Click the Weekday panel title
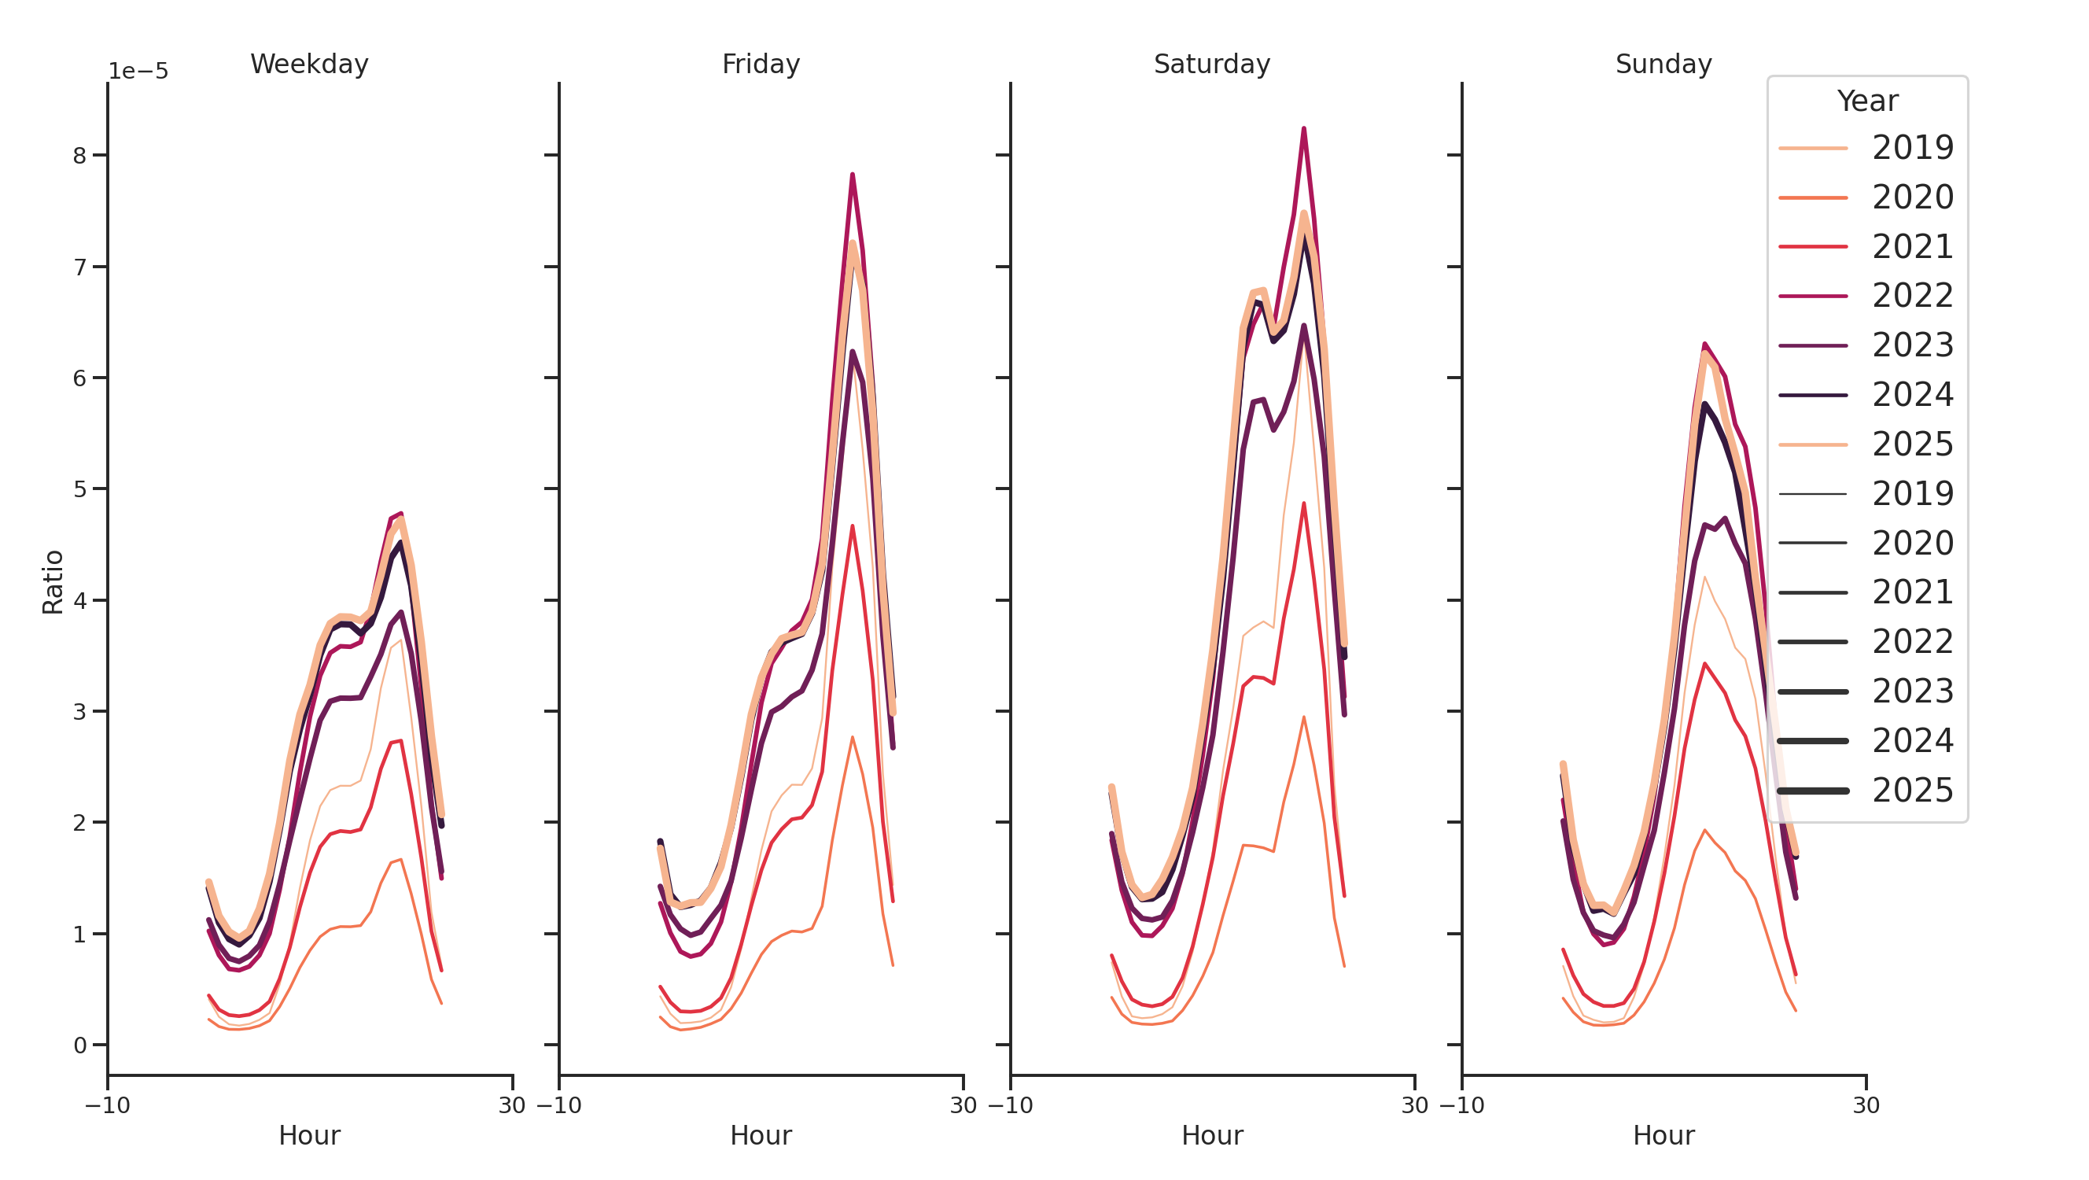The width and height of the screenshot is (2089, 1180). coord(309,64)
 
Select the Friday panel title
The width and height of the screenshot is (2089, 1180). coord(761,64)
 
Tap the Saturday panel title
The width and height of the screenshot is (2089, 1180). coord(1211,64)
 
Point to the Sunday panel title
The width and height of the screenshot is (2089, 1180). coord(1663,64)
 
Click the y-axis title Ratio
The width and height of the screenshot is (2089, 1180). coord(53,581)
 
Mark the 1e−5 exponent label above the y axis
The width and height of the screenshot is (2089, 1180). coord(138,72)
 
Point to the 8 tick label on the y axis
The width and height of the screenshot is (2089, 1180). coord(79,156)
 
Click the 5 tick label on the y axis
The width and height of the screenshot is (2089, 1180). coord(79,489)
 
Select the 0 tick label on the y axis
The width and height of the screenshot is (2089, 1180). coord(79,1045)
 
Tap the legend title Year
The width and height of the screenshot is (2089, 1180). coord(1866,101)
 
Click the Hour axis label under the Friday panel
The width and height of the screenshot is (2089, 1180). coord(761,1135)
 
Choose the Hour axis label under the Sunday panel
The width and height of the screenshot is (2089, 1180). coord(1663,1135)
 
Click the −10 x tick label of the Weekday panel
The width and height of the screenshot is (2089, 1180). coord(107,1105)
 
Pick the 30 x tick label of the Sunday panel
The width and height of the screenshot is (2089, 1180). coord(1866,1105)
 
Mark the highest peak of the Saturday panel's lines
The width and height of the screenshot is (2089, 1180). coord(1303,129)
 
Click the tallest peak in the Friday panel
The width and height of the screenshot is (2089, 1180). coord(853,175)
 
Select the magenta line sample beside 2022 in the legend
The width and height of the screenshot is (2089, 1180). coord(1812,296)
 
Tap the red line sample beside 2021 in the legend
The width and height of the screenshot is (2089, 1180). coord(1812,246)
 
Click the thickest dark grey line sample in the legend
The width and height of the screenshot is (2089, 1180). coord(1812,791)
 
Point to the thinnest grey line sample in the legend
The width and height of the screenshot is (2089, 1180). coord(1812,494)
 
